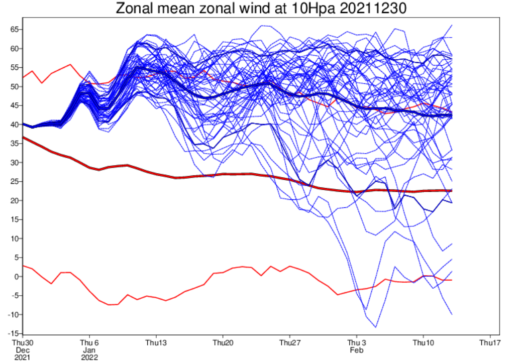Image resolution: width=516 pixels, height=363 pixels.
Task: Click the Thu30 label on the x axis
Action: coord(22,343)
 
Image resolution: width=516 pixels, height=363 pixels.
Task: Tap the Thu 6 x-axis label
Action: coord(89,343)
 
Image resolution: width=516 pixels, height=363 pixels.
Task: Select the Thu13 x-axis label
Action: coord(156,343)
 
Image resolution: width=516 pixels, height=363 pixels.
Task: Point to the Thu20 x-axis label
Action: coord(223,343)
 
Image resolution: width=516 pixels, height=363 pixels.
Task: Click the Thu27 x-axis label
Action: coord(289,343)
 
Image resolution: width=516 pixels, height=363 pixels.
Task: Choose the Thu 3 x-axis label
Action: coord(356,343)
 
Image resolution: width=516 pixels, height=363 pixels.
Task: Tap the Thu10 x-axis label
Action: coord(423,343)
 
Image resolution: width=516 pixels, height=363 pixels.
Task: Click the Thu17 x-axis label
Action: coord(490,343)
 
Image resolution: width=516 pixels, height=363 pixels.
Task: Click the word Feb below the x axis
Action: coord(356,350)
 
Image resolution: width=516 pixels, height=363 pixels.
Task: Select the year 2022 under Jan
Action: coord(89,357)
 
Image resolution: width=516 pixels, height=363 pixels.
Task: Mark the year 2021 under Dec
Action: coord(22,357)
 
